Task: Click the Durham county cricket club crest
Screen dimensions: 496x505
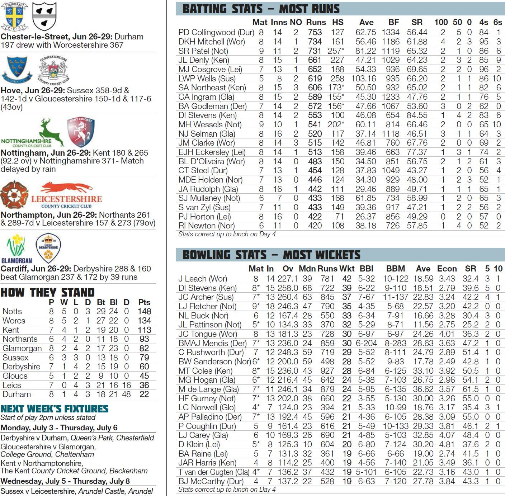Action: [x=14, y=16]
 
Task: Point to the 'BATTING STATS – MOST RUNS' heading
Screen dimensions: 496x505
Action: [x=261, y=9]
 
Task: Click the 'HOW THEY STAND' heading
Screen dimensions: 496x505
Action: [x=47, y=292]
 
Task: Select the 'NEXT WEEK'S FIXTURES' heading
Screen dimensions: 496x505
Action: [x=55, y=408]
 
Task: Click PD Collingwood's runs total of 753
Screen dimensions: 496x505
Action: [x=315, y=32]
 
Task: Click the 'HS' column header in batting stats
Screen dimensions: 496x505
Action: [x=338, y=22]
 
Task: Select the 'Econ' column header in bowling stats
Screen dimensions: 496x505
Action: [x=447, y=269]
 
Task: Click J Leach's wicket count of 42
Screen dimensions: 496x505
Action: [x=346, y=279]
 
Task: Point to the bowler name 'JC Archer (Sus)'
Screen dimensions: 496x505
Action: [x=206, y=297]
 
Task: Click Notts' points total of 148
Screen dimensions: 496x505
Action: [x=144, y=311]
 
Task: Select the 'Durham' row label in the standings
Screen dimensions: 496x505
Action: [x=16, y=394]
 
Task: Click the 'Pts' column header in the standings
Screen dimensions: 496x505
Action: [x=144, y=302]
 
